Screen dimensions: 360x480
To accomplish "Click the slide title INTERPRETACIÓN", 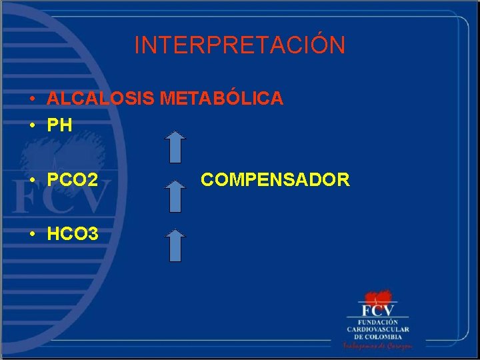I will (240, 45).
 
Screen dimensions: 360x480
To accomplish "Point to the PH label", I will (59, 125).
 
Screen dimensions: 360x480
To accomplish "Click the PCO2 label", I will (73, 179).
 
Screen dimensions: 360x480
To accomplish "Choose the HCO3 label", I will (73, 233).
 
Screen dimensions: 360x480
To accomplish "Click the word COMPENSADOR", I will (275, 179).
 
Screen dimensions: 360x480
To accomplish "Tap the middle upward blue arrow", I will (175, 196).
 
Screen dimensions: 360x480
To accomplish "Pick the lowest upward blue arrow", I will (175, 245).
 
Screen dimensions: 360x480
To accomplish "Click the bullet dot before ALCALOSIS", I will (32, 99).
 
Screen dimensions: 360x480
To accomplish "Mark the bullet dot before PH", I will (32, 125).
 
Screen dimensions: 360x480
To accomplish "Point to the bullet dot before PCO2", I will (32, 180).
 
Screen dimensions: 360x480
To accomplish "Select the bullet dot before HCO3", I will (32, 234).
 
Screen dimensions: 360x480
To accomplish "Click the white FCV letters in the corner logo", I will (377, 311).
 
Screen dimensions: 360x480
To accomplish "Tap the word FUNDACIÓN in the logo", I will (377, 323).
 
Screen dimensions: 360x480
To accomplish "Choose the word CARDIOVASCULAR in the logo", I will (377, 329).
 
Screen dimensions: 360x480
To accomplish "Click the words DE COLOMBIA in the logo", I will (377, 337).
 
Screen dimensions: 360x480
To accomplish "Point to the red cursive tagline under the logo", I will (377, 346).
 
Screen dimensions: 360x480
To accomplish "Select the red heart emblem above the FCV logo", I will (377, 297).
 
